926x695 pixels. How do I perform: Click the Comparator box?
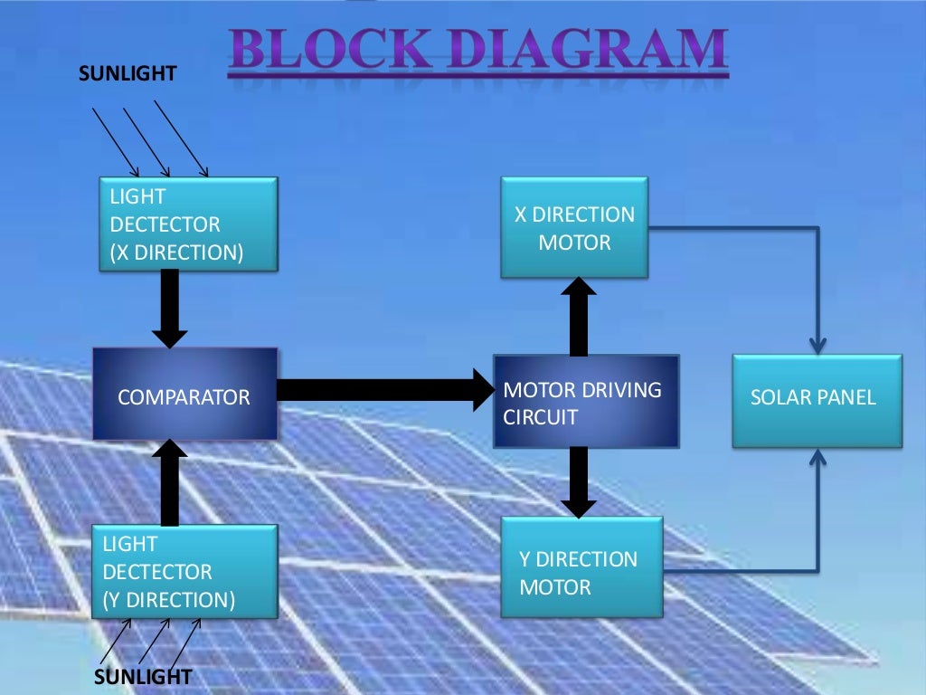coord(184,395)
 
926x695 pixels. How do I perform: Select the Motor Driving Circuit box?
coord(586,402)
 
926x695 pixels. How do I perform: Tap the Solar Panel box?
coord(817,399)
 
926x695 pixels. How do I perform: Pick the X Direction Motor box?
coord(574,227)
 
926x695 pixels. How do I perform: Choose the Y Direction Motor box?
coord(581,566)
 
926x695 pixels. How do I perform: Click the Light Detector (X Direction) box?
coord(188,224)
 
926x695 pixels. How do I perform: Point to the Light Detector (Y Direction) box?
coord(188,571)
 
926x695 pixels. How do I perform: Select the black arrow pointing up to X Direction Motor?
coord(579,317)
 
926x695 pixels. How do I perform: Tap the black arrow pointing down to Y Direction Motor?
coord(579,481)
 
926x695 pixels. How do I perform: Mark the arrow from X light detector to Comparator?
coord(169,309)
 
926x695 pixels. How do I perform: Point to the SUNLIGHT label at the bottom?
coord(144,677)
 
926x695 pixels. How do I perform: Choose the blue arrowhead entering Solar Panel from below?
coord(817,457)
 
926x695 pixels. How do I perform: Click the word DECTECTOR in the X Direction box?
coord(165,224)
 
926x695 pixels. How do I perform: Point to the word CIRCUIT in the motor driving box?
coord(540,417)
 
